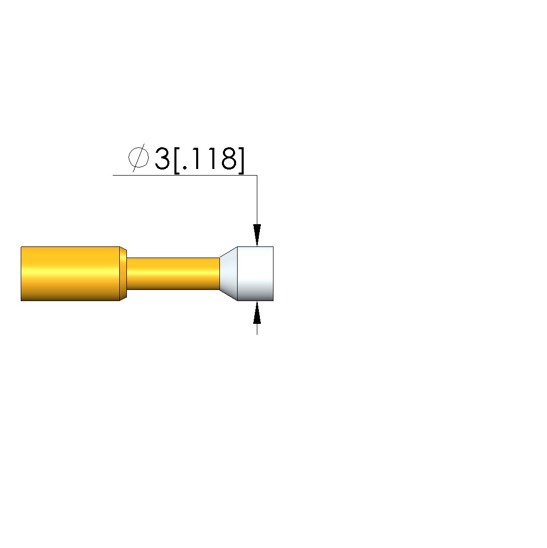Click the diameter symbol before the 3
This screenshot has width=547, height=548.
[139, 158]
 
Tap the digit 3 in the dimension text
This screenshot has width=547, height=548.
[162, 159]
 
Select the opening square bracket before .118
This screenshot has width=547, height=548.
[176, 160]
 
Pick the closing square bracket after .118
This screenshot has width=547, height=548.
[241, 160]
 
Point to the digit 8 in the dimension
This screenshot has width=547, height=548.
[229, 159]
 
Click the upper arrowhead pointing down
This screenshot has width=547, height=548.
[257, 235]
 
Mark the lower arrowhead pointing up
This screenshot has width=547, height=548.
[257, 312]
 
